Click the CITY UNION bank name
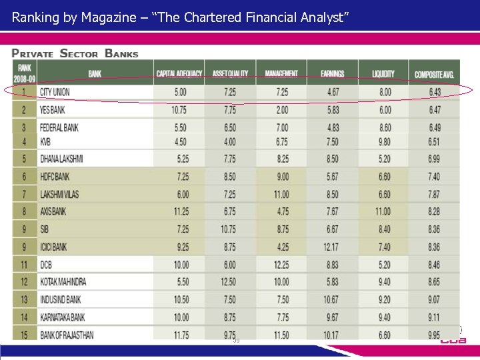(55, 92)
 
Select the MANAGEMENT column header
(281, 74)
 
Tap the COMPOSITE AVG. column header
(434, 74)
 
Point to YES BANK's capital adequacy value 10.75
(179, 109)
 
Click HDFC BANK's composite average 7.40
(434, 177)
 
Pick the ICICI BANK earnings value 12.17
(331, 247)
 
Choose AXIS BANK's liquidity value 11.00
(383, 212)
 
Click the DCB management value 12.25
(281, 265)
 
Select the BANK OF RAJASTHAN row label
(67, 335)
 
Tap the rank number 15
(25, 335)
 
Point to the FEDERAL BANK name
(59, 127)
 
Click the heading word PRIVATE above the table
(33, 54)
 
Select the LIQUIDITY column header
(383, 74)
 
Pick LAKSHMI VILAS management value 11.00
(281, 195)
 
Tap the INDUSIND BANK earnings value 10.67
(331, 300)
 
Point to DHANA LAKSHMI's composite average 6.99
(434, 159)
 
